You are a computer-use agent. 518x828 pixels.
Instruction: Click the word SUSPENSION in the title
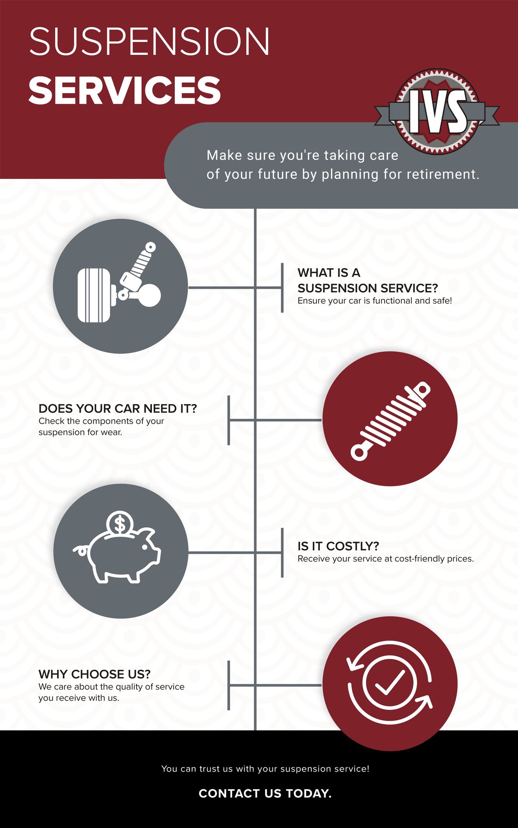(149, 41)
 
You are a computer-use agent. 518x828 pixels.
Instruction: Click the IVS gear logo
(437, 111)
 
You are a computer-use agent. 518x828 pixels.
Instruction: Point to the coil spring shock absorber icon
(390, 421)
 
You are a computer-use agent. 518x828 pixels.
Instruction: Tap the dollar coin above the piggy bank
(120, 524)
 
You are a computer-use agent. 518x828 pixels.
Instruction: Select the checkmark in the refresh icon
(390, 682)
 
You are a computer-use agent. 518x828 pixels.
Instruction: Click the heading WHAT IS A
(329, 273)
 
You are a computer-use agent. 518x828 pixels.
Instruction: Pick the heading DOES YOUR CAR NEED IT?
(117, 408)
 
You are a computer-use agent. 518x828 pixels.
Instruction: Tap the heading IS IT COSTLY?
(338, 546)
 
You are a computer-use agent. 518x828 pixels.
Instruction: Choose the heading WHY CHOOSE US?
(95, 674)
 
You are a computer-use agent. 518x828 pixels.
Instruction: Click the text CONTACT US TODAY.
(265, 793)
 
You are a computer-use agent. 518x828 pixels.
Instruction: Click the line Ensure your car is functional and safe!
(375, 301)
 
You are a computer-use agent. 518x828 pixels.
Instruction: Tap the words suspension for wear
(80, 432)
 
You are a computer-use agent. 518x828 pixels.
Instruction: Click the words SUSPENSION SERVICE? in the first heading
(368, 288)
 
